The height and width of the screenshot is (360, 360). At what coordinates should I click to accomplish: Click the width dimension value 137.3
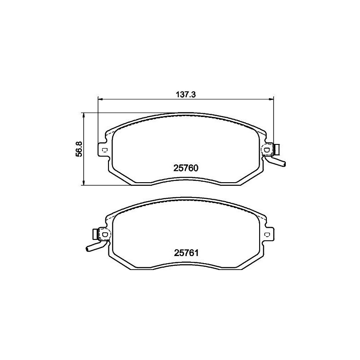click(186, 94)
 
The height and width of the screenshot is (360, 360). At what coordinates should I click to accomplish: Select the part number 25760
click(186, 168)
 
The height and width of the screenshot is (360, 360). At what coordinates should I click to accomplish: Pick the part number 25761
click(186, 253)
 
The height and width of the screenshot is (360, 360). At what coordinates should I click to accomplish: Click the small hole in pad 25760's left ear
click(104, 150)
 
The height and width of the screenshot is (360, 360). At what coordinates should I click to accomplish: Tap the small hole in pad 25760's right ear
click(267, 150)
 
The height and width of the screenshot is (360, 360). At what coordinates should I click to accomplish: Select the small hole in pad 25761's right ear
click(267, 234)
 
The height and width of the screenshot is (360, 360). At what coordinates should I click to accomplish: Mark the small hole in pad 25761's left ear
click(105, 234)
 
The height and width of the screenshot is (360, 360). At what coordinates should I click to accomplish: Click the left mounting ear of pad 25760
click(102, 150)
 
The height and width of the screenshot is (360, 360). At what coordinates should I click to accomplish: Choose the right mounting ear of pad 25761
click(269, 234)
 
